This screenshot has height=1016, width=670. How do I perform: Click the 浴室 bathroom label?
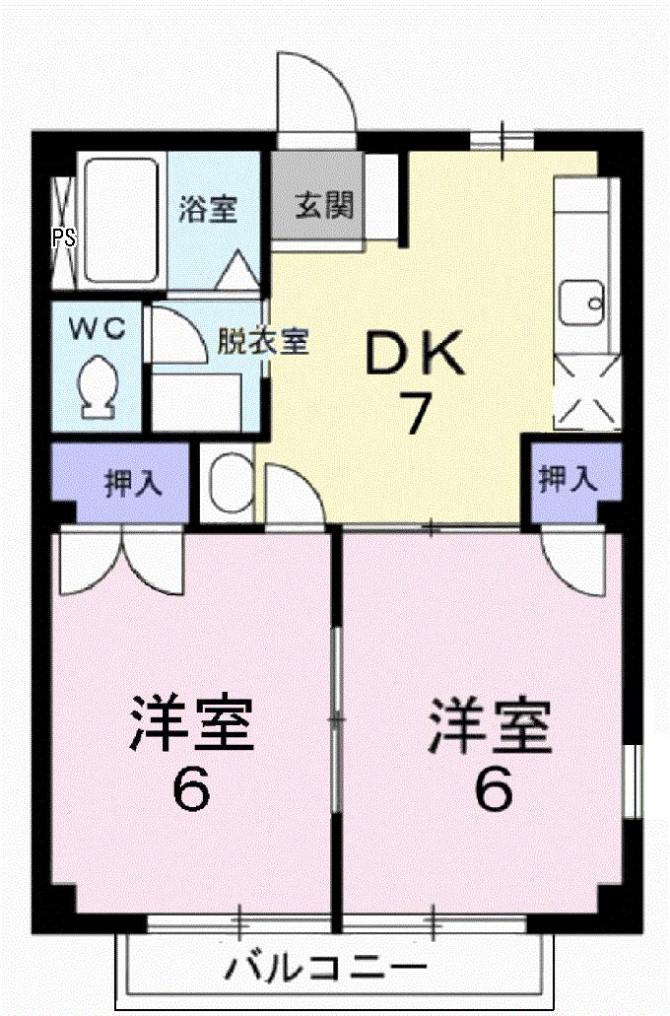tap(208, 210)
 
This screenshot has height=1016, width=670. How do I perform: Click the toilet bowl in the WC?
tap(99, 384)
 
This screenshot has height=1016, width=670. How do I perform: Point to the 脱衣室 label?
tap(263, 342)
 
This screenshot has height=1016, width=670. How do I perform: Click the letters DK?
tap(415, 356)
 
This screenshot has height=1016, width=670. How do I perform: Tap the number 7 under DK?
tap(415, 414)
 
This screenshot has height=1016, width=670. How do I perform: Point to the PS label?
tap(62, 237)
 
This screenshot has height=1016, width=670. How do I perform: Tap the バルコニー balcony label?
tap(325, 969)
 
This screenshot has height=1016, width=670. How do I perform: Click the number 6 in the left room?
tap(191, 789)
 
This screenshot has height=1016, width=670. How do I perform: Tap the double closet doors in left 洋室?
tap(121, 562)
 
